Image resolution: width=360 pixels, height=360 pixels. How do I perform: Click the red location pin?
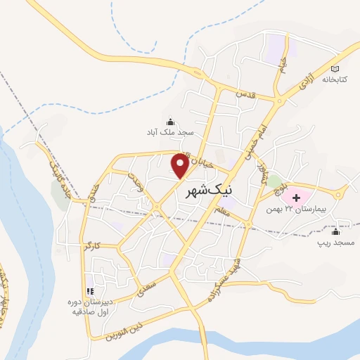coord(181,164)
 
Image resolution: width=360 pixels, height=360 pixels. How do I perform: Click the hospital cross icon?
coord(296,198)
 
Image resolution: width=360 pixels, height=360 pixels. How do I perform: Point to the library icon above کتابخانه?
coord(335,69)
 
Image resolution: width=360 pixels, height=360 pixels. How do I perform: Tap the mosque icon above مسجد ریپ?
coord(335,231)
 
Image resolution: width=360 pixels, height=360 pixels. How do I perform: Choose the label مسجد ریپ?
coord(335,243)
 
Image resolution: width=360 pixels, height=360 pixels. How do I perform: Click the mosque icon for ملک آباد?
coord(169,120)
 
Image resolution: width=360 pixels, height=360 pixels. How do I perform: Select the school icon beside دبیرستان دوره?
coord(89,290)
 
